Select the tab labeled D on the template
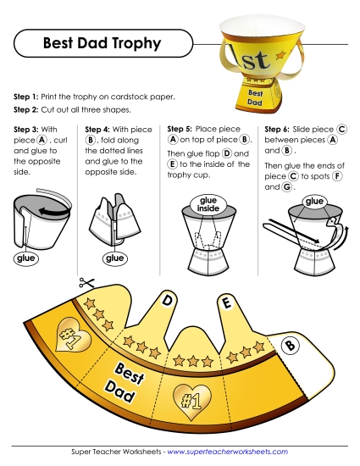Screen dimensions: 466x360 (168, 300)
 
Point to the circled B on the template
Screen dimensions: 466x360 (290, 344)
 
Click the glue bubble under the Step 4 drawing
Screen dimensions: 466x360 (113, 258)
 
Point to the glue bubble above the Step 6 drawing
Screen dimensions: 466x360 (315, 201)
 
